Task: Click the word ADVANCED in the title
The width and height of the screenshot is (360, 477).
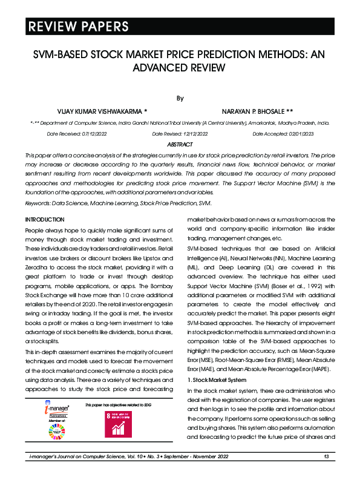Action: pyautogui.click(x=149, y=67)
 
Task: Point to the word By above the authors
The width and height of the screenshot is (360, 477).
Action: pyautogui.click(x=180, y=97)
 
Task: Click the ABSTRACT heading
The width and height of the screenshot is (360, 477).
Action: pyautogui.click(x=180, y=145)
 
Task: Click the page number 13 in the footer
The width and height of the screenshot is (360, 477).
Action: pyautogui.click(x=326, y=456)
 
